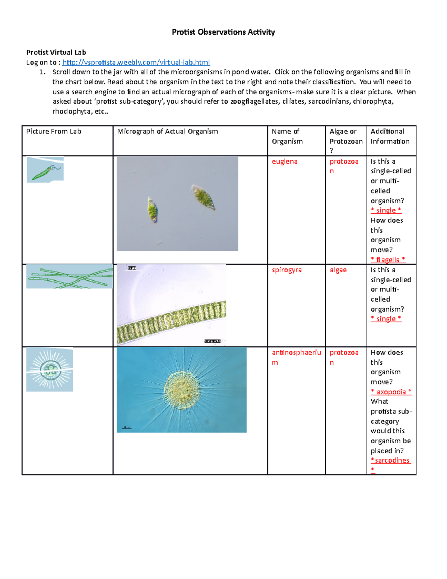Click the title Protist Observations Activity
coord(223,32)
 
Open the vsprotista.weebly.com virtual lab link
coord(136,62)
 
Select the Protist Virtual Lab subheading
coord(56,52)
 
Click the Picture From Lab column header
coord(54,131)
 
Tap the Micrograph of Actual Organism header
coord(167,131)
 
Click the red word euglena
coord(285,161)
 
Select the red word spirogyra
coord(286,270)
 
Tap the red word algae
coord(338,270)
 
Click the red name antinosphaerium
coord(296,353)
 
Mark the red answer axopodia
coord(391,392)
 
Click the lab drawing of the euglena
coord(45,170)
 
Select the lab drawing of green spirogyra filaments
coord(69,277)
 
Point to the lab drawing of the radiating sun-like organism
coord(50,369)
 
